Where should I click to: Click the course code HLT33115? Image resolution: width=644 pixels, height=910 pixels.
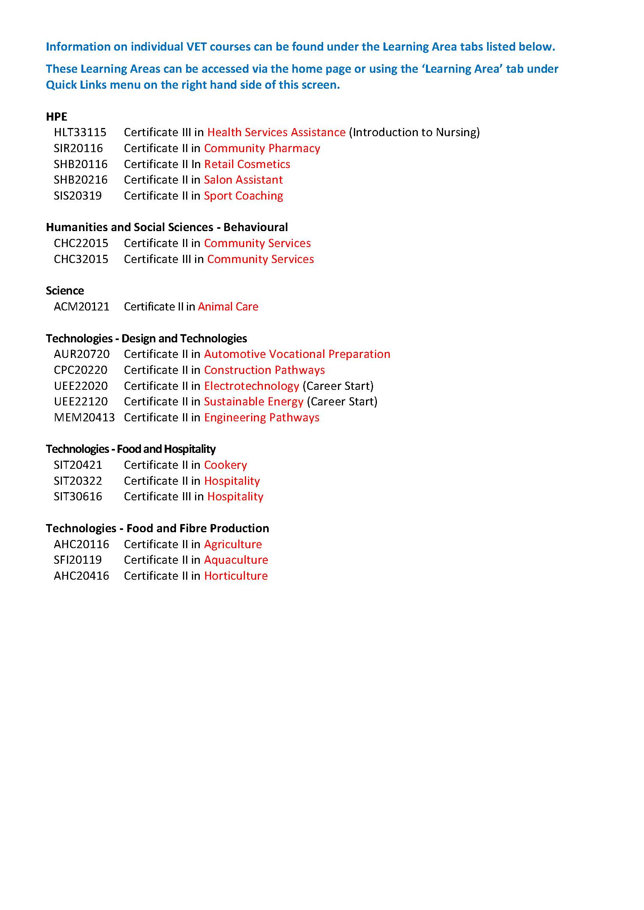click(80, 132)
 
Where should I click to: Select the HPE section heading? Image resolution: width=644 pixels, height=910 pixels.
click(57, 117)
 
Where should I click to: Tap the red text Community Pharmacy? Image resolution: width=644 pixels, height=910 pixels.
click(262, 148)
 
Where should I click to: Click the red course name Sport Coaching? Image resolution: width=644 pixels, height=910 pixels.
click(243, 196)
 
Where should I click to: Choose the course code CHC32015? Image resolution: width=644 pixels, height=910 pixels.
click(81, 259)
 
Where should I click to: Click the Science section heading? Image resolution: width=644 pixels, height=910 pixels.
click(65, 291)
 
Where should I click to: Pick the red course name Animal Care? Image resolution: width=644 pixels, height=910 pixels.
click(228, 306)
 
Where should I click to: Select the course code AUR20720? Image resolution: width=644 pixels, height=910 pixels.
click(82, 354)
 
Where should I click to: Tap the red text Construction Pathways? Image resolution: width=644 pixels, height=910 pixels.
click(264, 370)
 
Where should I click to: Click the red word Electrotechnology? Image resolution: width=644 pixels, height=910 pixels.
click(252, 386)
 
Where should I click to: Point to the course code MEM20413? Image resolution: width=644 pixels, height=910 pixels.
click(84, 417)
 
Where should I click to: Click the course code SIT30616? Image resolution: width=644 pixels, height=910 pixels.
click(78, 496)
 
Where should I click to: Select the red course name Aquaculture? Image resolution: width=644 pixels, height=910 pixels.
click(236, 559)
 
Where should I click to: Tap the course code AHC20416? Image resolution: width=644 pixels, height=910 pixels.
click(81, 575)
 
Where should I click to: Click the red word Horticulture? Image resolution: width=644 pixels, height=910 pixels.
click(236, 575)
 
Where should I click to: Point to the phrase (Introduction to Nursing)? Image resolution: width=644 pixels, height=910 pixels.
click(414, 132)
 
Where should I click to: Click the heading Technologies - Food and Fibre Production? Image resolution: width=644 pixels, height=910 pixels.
click(157, 528)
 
